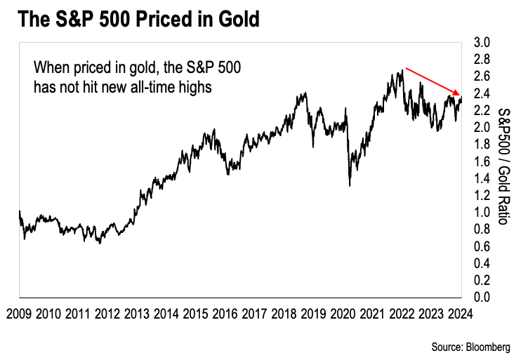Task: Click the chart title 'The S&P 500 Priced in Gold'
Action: click(x=138, y=19)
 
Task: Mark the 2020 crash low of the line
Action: click(x=350, y=185)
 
